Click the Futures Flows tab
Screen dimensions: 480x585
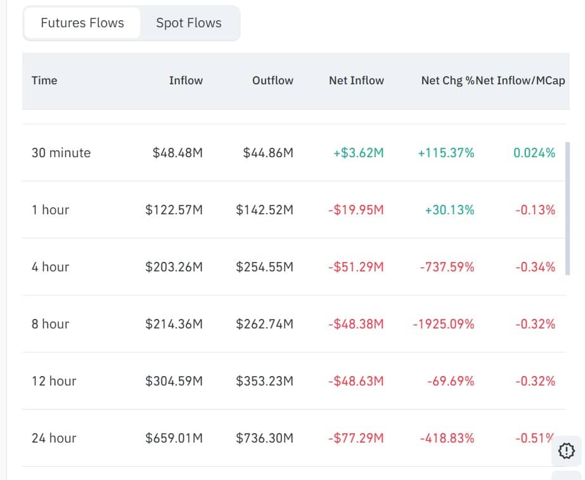(x=82, y=23)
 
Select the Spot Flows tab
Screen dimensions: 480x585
(x=189, y=23)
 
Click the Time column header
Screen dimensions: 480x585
(x=44, y=81)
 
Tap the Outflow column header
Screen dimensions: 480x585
(x=273, y=81)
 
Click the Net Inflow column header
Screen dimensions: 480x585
(x=356, y=81)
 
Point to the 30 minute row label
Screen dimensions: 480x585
(x=61, y=153)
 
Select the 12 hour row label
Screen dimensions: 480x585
(x=54, y=381)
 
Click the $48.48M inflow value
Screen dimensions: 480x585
(x=177, y=153)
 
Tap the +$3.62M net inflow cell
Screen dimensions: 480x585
(x=358, y=153)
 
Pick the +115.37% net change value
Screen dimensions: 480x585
(x=446, y=153)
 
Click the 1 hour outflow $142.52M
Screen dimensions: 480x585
(x=264, y=210)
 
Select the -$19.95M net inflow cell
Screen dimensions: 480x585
(x=356, y=210)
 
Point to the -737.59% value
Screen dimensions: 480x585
(x=447, y=267)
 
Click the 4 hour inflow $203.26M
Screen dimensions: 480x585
(x=174, y=267)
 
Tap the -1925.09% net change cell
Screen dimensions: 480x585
(x=443, y=324)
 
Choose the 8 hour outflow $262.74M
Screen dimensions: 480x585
(x=264, y=324)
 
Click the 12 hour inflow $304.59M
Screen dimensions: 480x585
(x=174, y=381)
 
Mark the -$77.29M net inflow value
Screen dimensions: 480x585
(x=356, y=438)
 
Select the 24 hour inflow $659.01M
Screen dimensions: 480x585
(x=174, y=438)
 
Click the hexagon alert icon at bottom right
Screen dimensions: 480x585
(x=566, y=451)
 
